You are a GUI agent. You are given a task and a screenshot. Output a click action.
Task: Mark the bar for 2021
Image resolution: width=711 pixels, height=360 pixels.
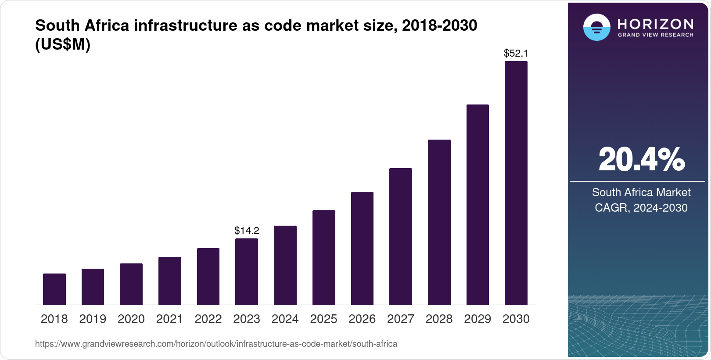(170, 281)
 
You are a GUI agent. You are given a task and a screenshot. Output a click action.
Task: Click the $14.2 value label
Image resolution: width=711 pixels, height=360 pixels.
(247, 230)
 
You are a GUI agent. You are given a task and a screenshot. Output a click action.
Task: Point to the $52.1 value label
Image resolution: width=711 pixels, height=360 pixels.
(516, 54)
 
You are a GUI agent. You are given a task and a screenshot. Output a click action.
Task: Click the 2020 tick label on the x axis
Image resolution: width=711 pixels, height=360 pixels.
(131, 319)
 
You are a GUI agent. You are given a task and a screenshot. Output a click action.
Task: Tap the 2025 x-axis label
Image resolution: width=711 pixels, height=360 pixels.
(323, 319)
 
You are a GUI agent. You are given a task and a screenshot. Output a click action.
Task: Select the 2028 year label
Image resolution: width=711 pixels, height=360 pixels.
(439, 319)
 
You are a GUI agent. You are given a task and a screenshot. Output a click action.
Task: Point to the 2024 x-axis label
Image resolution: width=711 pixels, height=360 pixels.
(285, 319)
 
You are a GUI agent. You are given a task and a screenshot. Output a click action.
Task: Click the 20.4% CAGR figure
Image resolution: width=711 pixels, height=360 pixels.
(641, 160)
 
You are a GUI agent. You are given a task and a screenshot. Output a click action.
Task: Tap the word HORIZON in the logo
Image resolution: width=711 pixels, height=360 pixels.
(655, 24)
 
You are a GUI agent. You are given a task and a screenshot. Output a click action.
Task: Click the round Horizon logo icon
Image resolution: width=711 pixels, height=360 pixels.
(596, 27)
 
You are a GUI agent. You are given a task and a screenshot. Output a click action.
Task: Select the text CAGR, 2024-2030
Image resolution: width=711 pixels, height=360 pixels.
(641, 208)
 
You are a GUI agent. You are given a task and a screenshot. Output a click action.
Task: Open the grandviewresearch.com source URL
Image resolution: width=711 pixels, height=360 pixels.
(216, 344)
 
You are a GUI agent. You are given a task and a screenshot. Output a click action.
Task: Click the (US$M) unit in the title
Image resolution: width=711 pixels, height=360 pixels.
(63, 45)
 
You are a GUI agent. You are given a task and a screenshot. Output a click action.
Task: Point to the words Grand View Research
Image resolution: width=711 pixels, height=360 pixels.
(655, 35)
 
